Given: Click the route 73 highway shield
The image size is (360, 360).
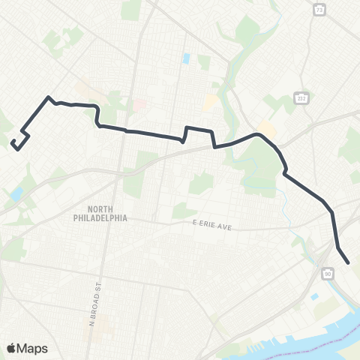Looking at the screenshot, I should [x=320, y=10].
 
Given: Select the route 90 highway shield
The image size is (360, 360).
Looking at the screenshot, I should [x=328, y=274].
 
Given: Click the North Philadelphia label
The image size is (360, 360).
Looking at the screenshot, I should [x=107, y=213].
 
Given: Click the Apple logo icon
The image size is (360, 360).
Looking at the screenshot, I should [x=11, y=348].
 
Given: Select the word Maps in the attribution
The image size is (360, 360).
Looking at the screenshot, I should [x=34, y=348].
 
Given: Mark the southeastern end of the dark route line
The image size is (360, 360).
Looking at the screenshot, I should [x=349, y=262].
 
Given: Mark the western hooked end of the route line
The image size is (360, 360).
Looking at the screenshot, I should [x=13, y=141].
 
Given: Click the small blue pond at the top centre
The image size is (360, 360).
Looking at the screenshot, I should [x=186, y=58].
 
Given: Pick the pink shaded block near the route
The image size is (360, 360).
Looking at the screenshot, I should [x=139, y=105].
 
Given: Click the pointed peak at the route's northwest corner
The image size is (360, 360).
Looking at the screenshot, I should [x=49, y=97].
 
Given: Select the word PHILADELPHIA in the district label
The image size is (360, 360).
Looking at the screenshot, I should [x=107, y=217].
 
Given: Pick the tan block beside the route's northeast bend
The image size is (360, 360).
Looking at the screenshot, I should [x=266, y=130].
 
